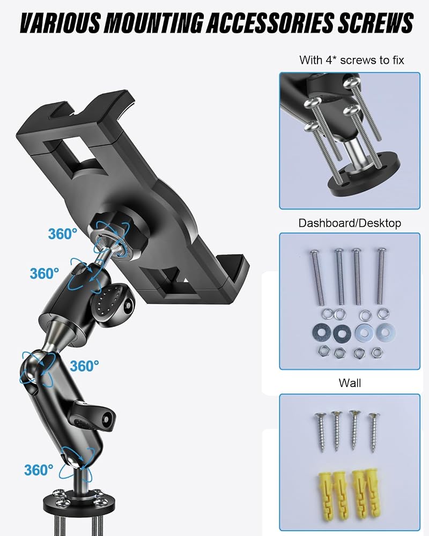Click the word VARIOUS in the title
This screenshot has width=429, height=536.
point(60,23)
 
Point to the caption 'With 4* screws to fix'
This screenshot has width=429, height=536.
point(352,60)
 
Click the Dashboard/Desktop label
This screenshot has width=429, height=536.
point(350,223)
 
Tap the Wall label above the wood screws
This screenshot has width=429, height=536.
point(350,383)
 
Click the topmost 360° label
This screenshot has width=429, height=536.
point(63,234)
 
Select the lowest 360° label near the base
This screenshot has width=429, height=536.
point(39,470)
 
